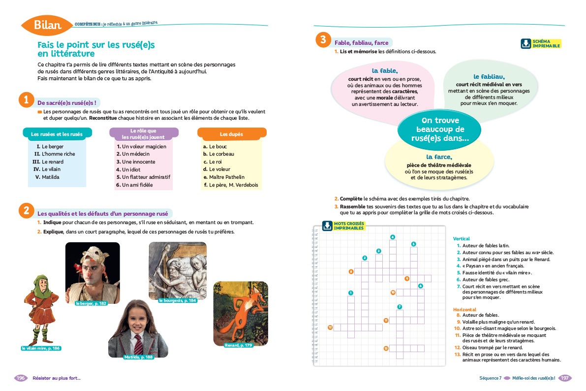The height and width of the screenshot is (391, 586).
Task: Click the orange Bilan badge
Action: point(47,25)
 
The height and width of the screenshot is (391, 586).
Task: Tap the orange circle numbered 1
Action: point(26,100)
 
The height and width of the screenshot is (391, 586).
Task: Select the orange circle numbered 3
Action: point(323,40)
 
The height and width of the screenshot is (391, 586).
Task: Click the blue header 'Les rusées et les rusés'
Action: point(54,134)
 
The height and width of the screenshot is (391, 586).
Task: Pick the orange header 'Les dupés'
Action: point(231,134)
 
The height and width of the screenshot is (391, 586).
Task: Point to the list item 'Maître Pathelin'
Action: point(227,177)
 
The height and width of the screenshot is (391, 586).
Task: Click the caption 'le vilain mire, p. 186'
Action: point(41,348)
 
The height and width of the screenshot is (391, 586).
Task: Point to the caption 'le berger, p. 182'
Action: point(91,303)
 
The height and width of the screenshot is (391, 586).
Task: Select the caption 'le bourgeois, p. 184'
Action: point(178,300)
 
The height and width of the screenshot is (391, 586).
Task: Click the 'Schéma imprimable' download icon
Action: point(525,44)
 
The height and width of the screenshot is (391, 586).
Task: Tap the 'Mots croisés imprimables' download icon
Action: point(327,226)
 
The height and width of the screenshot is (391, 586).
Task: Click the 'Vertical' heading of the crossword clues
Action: point(461,238)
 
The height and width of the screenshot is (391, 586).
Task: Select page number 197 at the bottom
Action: point(565,378)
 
